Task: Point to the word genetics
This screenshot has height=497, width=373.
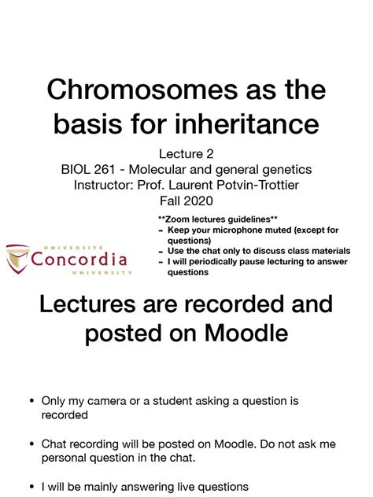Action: click(x=285, y=169)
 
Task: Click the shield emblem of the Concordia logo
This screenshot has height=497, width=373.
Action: click(x=18, y=258)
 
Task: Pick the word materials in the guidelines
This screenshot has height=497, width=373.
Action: click(x=324, y=251)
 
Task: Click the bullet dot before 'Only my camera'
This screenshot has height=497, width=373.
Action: click(x=30, y=401)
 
